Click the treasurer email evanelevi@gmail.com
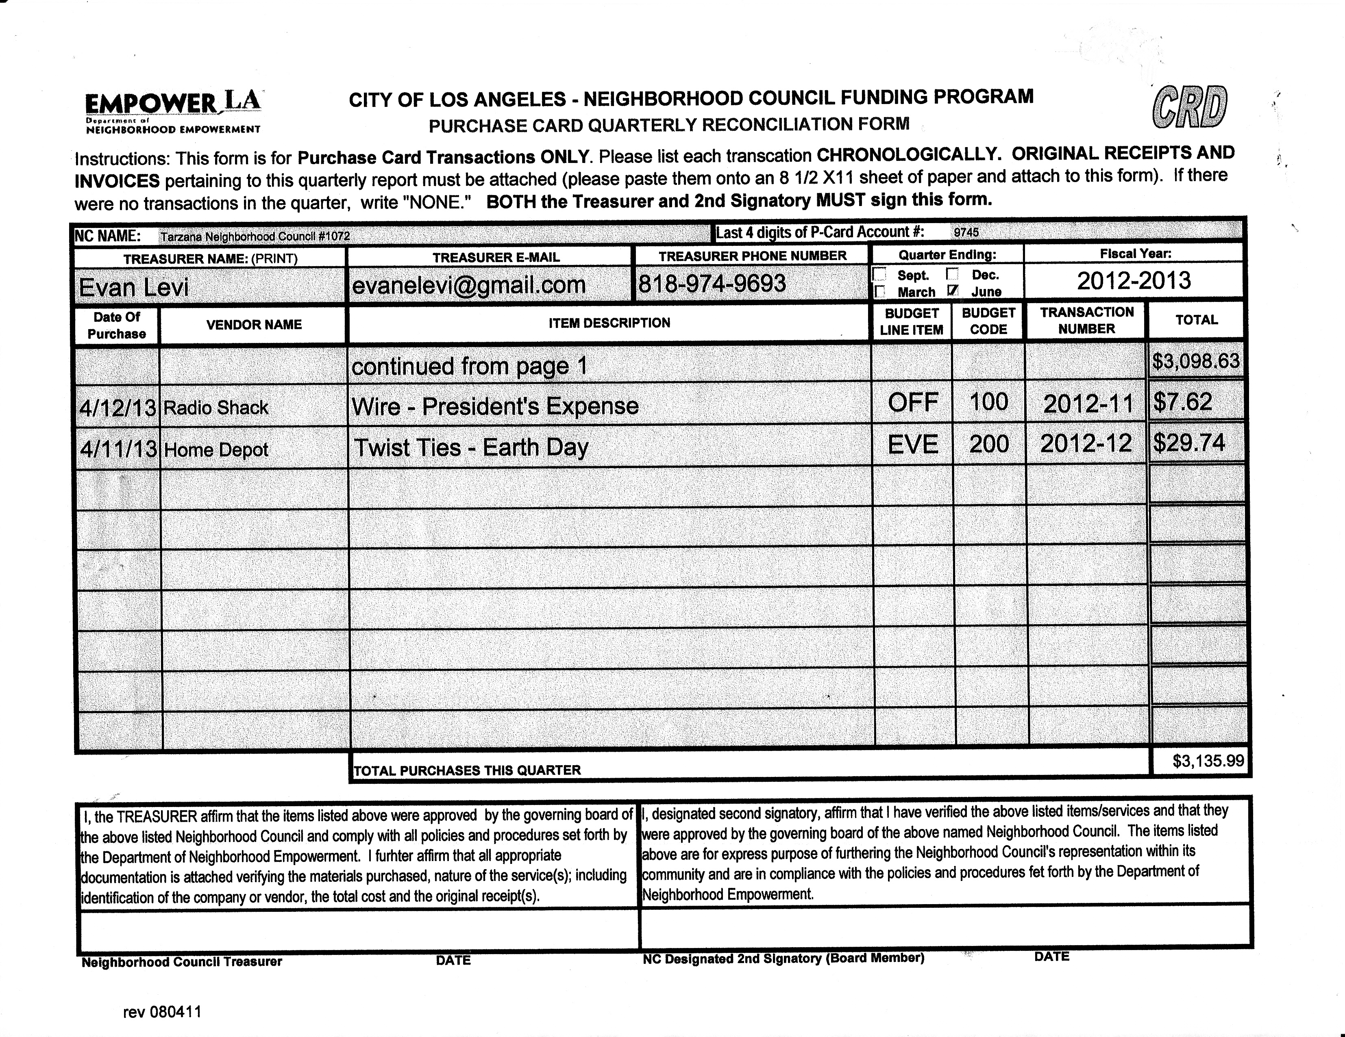pyautogui.click(x=468, y=285)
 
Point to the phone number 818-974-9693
pyautogui.click(x=712, y=284)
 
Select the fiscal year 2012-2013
pyautogui.click(x=1134, y=281)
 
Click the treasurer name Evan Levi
pyautogui.click(x=134, y=287)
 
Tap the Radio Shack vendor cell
pyautogui.click(x=215, y=408)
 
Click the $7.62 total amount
pyautogui.click(x=1182, y=403)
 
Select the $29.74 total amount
pyautogui.click(x=1188, y=443)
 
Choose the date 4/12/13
pyautogui.click(x=118, y=408)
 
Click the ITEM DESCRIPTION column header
pyautogui.click(x=609, y=323)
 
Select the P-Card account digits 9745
pyautogui.click(x=966, y=232)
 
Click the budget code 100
pyautogui.click(x=988, y=403)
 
